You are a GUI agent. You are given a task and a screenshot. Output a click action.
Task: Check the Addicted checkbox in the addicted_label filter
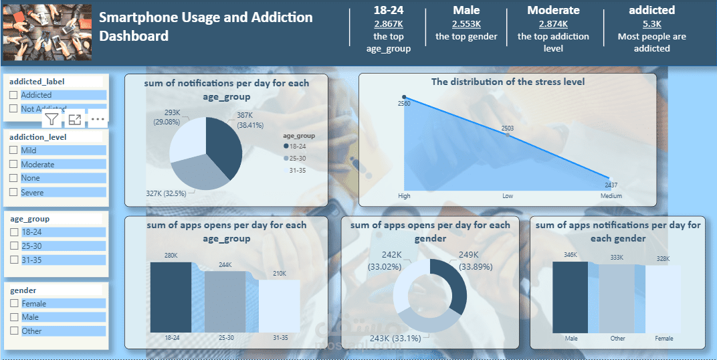13,95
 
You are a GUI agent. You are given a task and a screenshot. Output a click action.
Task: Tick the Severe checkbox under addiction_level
13,192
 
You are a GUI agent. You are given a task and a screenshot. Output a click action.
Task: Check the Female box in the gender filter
13,303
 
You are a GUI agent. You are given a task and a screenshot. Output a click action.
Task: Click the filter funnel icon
52,119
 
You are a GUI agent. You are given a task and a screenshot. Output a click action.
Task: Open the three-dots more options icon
98,119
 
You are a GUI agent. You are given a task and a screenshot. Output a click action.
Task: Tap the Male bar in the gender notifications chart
571,297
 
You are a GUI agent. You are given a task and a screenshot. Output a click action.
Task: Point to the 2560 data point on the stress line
404,97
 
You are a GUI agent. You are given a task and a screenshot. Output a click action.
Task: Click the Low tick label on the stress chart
507,196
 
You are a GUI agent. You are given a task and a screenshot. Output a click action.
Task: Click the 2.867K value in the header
388,23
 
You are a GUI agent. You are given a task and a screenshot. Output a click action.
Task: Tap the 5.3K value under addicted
651,23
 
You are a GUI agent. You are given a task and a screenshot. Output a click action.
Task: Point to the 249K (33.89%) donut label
469,260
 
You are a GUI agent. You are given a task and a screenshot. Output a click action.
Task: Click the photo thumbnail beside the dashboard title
47,33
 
